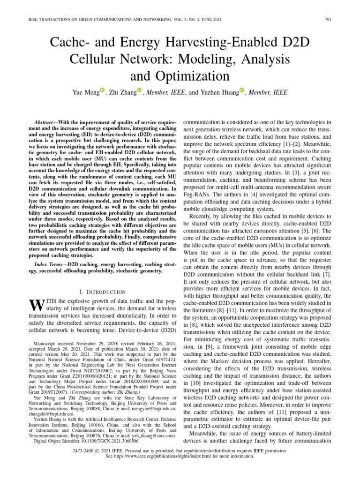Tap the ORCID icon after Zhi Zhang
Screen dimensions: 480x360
(x=139, y=90)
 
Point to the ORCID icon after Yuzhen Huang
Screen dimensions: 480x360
(x=242, y=90)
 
